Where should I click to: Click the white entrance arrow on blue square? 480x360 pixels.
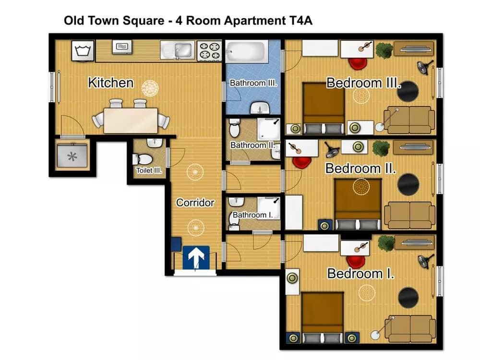pos(196,257)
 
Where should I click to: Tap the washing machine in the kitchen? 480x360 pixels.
pos(83,50)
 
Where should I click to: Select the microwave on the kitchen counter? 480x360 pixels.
pos(122,47)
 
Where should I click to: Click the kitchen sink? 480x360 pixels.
pos(178,50)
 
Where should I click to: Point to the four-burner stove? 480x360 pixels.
pos(210,50)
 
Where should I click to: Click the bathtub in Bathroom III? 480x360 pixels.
pos(245,51)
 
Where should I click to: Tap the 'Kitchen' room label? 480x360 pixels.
pos(111,83)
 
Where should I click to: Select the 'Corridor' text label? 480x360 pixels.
pos(195,203)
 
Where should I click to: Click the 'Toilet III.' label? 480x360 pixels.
pos(149,170)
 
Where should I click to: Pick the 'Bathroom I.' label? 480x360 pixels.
pos(252,215)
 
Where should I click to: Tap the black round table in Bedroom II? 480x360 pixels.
pos(408,184)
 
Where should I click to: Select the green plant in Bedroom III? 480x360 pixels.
pos(384,50)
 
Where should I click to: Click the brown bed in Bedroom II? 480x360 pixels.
pos(358,204)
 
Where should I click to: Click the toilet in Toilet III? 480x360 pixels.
pos(143,159)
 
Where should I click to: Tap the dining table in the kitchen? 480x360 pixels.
pos(131,120)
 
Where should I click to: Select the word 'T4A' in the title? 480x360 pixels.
pos(300,21)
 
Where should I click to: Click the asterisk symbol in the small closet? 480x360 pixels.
pos(72,157)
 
